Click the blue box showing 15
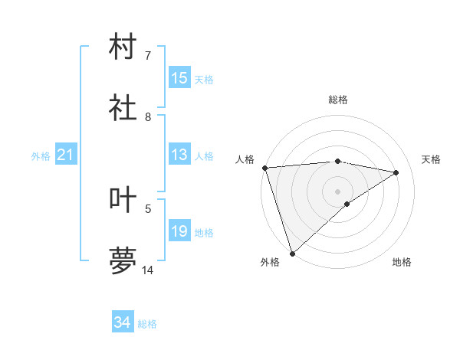click(x=179, y=78)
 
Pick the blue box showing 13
click(x=179, y=155)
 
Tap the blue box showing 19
click(x=179, y=232)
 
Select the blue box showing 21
click(x=66, y=155)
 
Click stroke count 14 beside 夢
click(x=148, y=270)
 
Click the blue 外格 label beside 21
click(x=41, y=156)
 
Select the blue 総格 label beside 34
click(x=147, y=324)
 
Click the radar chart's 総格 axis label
click(x=338, y=100)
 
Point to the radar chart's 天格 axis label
click(x=431, y=159)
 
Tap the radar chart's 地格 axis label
click(x=402, y=262)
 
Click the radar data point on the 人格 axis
click(x=264, y=168)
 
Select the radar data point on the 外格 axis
click(x=292, y=253)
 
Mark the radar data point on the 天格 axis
click(x=396, y=172)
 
